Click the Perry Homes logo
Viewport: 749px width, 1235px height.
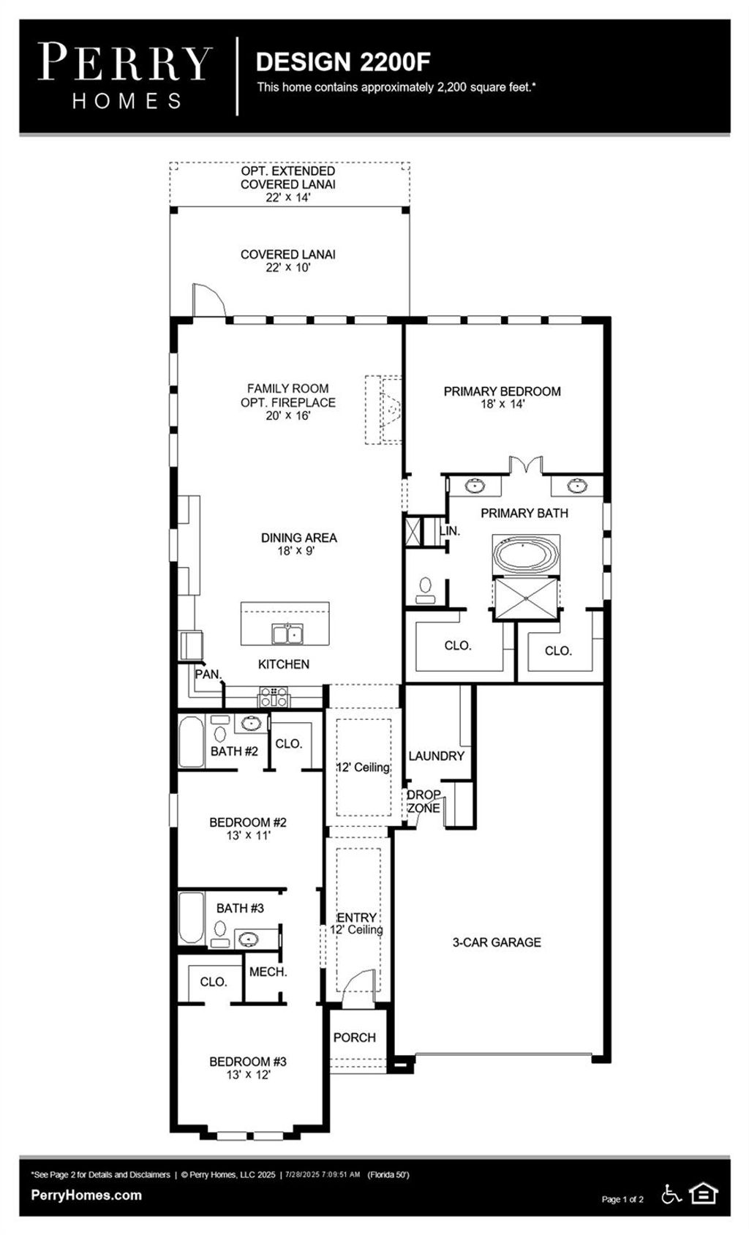pyautogui.click(x=125, y=75)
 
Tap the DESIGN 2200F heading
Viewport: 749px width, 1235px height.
pyautogui.click(x=343, y=62)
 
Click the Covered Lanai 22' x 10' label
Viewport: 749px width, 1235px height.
pyautogui.click(x=288, y=261)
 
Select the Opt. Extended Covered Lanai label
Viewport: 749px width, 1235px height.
pyautogui.click(x=288, y=184)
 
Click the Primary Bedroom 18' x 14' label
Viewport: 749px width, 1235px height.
pyautogui.click(x=502, y=397)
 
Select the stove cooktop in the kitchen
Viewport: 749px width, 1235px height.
pyautogui.click(x=274, y=696)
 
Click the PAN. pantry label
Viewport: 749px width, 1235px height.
pyautogui.click(x=208, y=674)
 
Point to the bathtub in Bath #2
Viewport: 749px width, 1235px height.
pyautogui.click(x=192, y=741)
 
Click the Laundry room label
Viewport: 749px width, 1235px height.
pyautogui.click(x=436, y=756)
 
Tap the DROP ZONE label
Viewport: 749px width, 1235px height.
pyautogui.click(x=424, y=801)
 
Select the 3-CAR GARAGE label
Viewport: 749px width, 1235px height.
pyautogui.click(x=497, y=942)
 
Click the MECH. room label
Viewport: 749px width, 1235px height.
pyautogui.click(x=268, y=972)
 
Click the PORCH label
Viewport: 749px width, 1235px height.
pyautogui.click(x=354, y=1037)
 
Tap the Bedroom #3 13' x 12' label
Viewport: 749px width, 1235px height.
pyautogui.click(x=248, y=1067)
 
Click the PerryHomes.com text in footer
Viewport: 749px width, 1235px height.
pyautogui.click(x=86, y=1195)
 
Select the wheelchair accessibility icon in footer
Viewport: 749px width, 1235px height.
pyautogui.click(x=671, y=1194)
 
